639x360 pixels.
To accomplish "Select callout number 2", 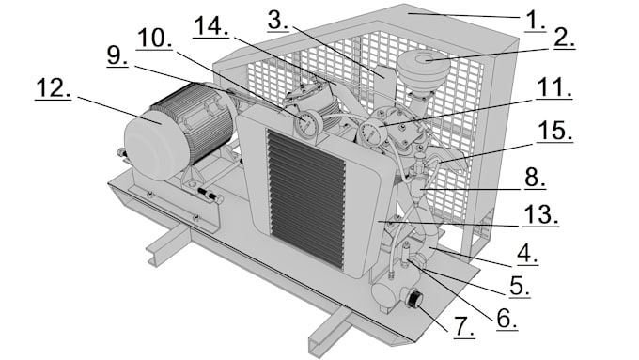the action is pos(565,39).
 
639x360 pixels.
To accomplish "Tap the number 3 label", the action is pos(278,21).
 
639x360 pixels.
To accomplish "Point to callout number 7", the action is pos(464,326).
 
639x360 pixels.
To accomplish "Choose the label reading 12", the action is pos(54,88).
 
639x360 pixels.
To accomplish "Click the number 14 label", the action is pos(211,27).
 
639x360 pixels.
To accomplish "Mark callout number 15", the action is pos(554,132).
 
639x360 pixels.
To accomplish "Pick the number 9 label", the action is pos(117,55).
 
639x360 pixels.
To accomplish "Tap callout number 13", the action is pos(541,215).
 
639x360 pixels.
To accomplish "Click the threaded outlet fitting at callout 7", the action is pos(414,300).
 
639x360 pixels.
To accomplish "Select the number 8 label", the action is pos(535,178).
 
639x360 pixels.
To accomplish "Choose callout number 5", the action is pos(520,286).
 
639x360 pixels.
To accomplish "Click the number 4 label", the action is pos(528,255).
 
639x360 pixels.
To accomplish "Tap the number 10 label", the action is pos(154,39).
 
